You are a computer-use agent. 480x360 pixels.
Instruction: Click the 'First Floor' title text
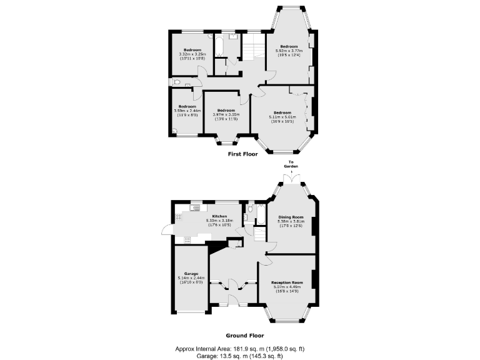(x=243, y=154)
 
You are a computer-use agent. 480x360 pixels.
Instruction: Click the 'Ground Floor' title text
(x=241, y=335)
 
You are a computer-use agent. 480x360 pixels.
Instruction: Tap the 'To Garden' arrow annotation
(x=291, y=166)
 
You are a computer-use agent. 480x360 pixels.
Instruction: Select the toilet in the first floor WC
(x=177, y=82)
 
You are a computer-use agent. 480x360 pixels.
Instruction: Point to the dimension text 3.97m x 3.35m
(x=225, y=114)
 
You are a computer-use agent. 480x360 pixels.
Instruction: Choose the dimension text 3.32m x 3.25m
(x=192, y=54)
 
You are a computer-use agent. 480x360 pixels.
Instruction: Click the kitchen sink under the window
(x=196, y=207)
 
